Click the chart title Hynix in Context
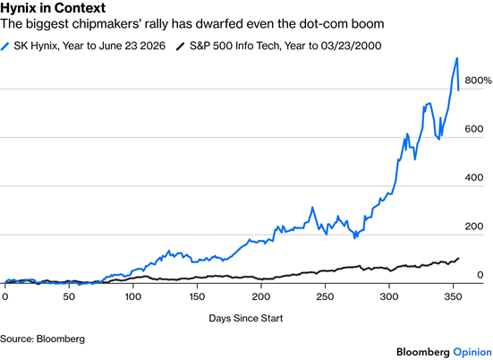(53, 7)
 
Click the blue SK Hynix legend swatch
(4, 47)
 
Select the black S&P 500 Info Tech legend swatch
(181, 47)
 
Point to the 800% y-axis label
(478, 81)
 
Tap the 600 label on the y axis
(474, 129)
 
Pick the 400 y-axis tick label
(474, 178)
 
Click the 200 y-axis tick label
(474, 227)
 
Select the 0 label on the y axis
(480, 275)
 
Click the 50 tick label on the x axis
(69, 296)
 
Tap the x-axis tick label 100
(133, 296)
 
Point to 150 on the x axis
(197, 296)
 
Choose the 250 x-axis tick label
(325, 296)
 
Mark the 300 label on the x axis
(389, 296)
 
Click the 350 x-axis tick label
(453, 296)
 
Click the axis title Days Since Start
(246, 318)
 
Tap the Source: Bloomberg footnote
(42, 339)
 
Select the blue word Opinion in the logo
(472, 352)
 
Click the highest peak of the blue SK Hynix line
(457, 58)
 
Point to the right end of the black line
(458, 258)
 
